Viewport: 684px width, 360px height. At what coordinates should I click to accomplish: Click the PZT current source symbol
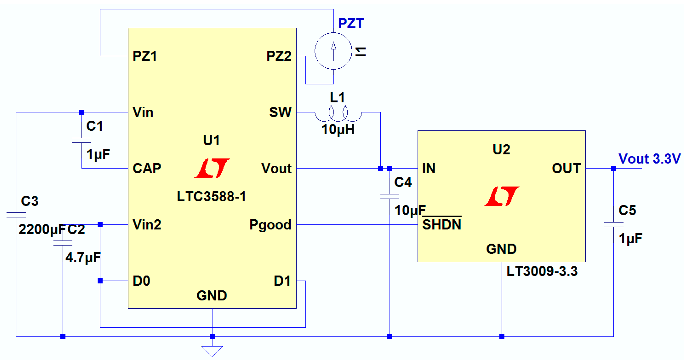(x=334, y=51)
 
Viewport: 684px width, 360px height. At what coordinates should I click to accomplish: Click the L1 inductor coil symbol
(x=338, y=115)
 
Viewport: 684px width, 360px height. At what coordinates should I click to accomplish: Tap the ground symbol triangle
(x=212, y=351)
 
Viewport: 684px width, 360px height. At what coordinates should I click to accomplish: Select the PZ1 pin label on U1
(x=145, y=56)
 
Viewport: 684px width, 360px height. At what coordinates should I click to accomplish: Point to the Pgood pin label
(x=270, y=225)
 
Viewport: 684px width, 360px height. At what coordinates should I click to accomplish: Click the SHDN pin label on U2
(x=442, y=225)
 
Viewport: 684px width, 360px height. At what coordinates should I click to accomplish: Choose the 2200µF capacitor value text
(x=42, y=230)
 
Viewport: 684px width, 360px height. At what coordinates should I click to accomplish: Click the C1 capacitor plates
(x=81, y=140)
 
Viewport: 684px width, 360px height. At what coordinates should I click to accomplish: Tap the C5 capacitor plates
(x=614, y=225)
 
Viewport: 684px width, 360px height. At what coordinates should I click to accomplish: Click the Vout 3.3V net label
(x=649, y=159)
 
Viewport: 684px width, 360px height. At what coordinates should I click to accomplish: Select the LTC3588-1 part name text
(x=211, y=196)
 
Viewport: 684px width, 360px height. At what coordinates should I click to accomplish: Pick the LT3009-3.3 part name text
(x=542, y=271)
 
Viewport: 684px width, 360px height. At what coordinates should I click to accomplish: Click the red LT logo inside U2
(x=501, y=196)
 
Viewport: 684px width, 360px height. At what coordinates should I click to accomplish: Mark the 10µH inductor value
(x=338, y=130)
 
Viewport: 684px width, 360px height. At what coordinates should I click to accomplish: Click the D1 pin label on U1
(x=282, y=281)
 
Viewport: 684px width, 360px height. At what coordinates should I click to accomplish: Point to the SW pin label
(x=280, y=112)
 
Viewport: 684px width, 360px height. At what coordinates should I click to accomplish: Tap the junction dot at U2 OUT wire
(x=614, y=169)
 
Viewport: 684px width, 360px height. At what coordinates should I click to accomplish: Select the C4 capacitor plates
(x=390, y=196)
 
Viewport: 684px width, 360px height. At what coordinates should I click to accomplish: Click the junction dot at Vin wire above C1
(x=82, y=112)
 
